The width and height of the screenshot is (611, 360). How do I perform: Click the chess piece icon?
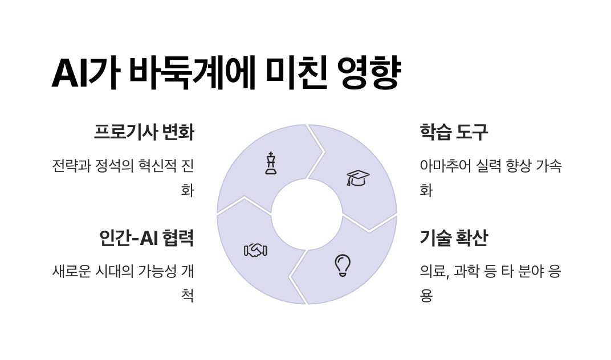pyautogui.click(x=271, y=163)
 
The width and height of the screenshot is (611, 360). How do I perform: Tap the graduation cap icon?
pyautogui.click(x=358, y=178)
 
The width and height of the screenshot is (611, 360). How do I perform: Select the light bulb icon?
pyautogui.click(x=342, y=265)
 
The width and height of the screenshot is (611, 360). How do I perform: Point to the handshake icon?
pyautogui.click(x=255, y=250)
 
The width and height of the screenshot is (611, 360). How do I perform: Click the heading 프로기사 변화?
pyautogui.click(x=144, y=132)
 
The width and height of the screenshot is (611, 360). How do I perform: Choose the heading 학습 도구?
pyautogui.click(x=454, y=132)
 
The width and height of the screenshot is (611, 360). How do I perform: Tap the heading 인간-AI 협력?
pyautogui.click(x=146, y=238)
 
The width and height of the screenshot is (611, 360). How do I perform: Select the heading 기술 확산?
pyautogui.click(x=454, y=238)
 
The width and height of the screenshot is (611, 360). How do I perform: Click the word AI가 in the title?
pyautogui.click(x=86, y=73)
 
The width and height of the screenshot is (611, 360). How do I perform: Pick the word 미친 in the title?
pyautogui.click(x=296, y=73)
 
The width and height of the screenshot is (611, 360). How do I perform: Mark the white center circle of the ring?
pyautogui.click(x=306, y=215)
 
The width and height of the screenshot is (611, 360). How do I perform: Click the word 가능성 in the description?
pyautogui.click(x=155, y=271)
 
